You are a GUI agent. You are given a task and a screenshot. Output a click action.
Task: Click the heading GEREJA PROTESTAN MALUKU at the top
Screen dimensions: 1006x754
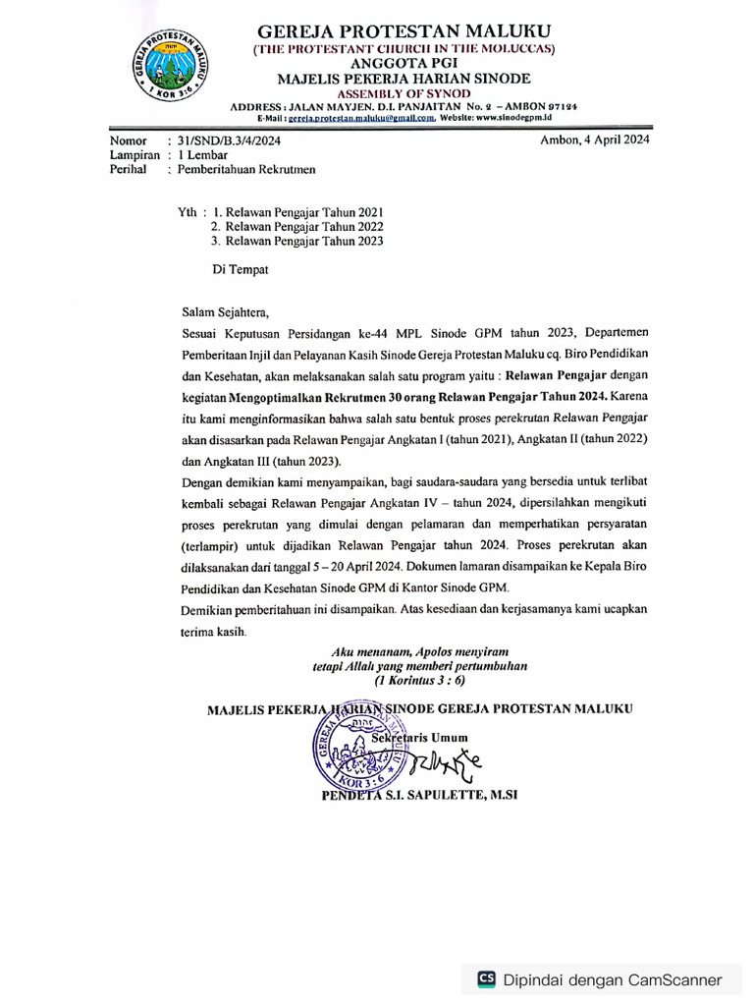pyautogui.click(x=404, y=30)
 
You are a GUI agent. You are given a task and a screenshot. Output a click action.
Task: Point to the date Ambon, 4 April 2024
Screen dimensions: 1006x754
pyautogui.click(x=595, y=140)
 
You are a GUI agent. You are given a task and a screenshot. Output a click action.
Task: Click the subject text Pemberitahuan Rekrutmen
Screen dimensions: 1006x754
pyautogui.click(x=244, y=169)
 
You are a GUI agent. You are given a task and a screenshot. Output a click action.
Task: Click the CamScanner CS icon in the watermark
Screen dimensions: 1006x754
pyautogui.click(x=486, y=978)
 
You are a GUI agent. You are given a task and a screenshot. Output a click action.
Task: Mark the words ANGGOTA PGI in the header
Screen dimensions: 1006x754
pyautogui.click(x=404, y=63)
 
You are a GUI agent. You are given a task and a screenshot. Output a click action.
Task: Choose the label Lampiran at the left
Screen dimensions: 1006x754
pyautogui.click(x=135, y=154)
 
